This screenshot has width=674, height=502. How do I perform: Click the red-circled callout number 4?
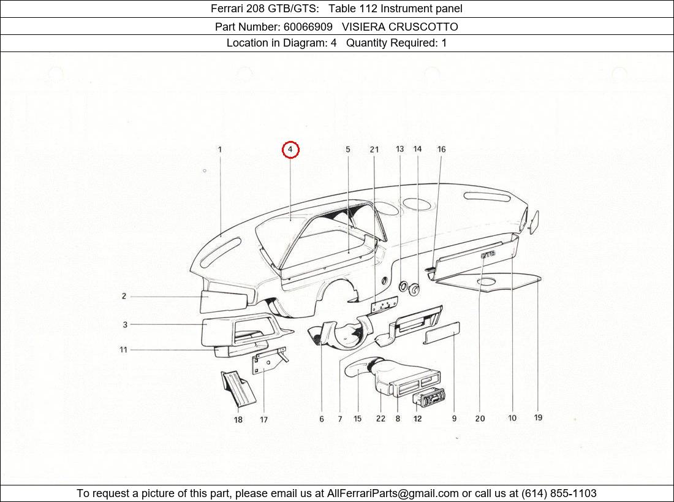click(290, 150)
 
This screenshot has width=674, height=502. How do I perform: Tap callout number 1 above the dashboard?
click(220, 149)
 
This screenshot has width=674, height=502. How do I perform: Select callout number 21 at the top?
click(374, 150)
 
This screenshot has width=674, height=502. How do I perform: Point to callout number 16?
click(441, 149)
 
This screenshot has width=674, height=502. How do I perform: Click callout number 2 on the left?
click(124, 296)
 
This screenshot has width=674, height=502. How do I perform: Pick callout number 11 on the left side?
click(123, 349)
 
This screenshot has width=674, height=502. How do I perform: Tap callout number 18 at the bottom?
click(238, 419)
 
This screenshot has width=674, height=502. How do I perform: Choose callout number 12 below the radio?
click(417, 419)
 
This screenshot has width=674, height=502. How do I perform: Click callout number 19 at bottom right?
click(538, 417)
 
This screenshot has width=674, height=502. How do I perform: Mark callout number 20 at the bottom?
click(480, 419)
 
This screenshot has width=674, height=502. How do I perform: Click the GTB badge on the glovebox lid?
click(488, 254)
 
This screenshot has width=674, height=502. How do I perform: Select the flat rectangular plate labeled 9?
click(442, 333)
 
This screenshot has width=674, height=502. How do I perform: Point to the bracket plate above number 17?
click(267, 362)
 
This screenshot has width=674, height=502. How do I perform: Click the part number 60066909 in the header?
click(308, 26)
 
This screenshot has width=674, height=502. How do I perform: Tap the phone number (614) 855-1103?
click(558, 493)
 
